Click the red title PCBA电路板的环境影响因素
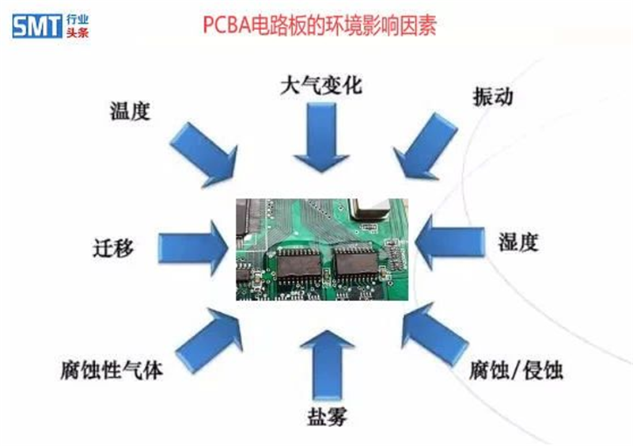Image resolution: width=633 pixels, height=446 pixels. [x=320, y=26]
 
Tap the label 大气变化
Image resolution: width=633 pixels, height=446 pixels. [x=321, y=86]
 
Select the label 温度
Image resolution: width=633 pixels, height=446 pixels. [x=130, y=111]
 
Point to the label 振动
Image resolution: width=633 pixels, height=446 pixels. [x=493, y=97]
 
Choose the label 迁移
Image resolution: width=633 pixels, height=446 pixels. [x=113, y=247]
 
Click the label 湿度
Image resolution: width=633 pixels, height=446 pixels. [x=518, y=242]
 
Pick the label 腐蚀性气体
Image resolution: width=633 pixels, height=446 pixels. [x=112, y=370]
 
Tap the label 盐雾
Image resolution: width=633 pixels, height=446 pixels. [x=327, y=417]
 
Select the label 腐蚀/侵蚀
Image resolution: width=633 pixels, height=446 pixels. [x=516, y=371]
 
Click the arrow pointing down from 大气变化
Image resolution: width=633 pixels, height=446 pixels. [x=321, y=137]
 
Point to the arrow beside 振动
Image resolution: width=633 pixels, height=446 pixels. [x=425, y=147]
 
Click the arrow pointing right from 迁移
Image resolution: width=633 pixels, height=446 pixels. [x=193, y=248]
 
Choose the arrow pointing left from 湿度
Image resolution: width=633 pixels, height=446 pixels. [x=449, y=242]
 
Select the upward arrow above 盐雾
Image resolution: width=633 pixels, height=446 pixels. [x=327, y=365]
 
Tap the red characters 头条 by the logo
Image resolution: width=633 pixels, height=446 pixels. [x=78, y=32]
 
